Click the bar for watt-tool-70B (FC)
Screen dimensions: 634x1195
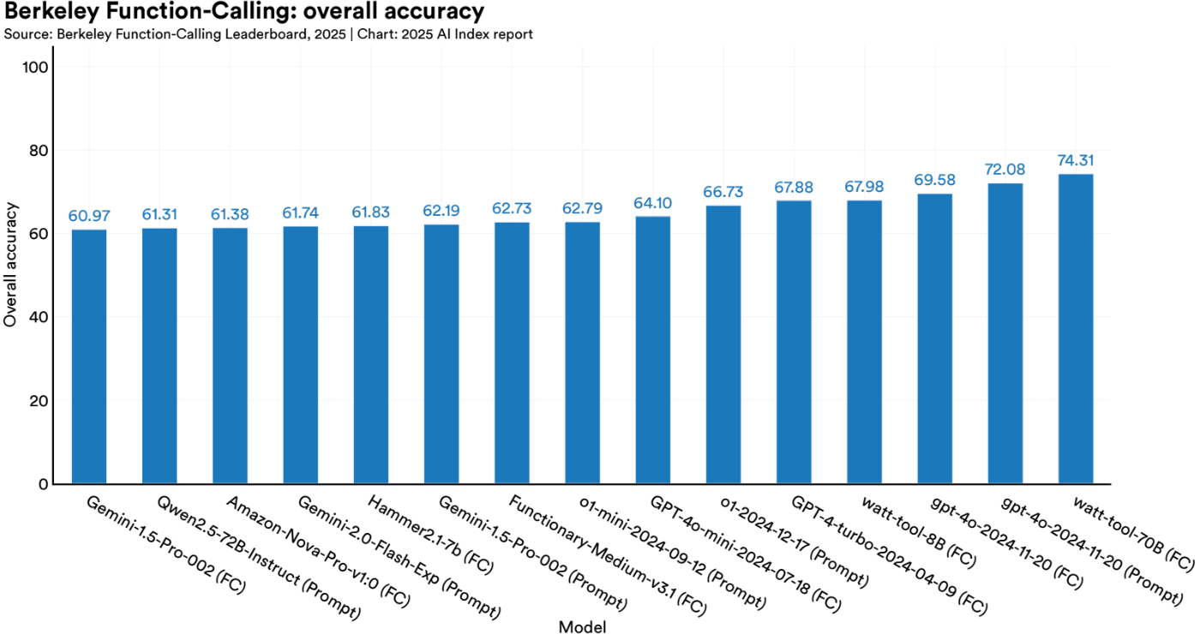pyautogui.click(x=1075, y=329)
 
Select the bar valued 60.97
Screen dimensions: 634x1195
pyautogui.click(x=89, y=356)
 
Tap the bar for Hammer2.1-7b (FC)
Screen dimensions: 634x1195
pyautogui.click(x=370, y=355)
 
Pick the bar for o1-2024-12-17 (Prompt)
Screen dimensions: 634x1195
pyautogui.click(x=724, y=344)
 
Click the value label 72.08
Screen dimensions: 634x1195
pyautogui.click(x=1005, y=170)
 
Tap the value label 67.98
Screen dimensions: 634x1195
pyautogui.click(x=864, y=188)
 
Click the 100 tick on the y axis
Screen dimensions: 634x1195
pyautogui.click(x=39, y=68)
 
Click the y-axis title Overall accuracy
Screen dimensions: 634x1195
pyautogui.click(x=10, y=264)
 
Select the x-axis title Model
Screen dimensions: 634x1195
pyautogui.click(x=582, y=627)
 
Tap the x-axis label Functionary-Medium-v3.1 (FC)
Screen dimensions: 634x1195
pyautogui.click(x=607, y=555)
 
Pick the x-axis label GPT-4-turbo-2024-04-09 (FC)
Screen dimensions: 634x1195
pyautogui.click(x=888, y=555)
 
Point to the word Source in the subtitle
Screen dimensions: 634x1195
pyautogui.click(x=23, y=34)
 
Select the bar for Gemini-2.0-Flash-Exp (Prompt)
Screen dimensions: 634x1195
pyautogui.click(x=300, y=355)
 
